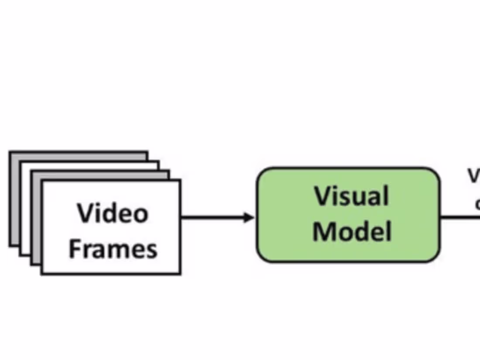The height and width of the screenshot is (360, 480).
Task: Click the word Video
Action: [113, 213]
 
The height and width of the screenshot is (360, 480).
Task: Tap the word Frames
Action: [113, 249]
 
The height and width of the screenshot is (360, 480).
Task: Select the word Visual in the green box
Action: [351, 196]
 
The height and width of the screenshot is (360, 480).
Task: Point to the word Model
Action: [352, 231]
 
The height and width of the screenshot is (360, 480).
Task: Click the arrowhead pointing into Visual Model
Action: [249, 217]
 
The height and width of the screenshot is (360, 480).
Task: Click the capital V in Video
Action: [86, 213]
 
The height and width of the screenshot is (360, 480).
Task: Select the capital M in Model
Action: [323, 231]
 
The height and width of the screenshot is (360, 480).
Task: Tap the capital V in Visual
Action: [323, 196]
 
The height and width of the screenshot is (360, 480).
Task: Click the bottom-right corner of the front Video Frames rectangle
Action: [179, 273]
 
